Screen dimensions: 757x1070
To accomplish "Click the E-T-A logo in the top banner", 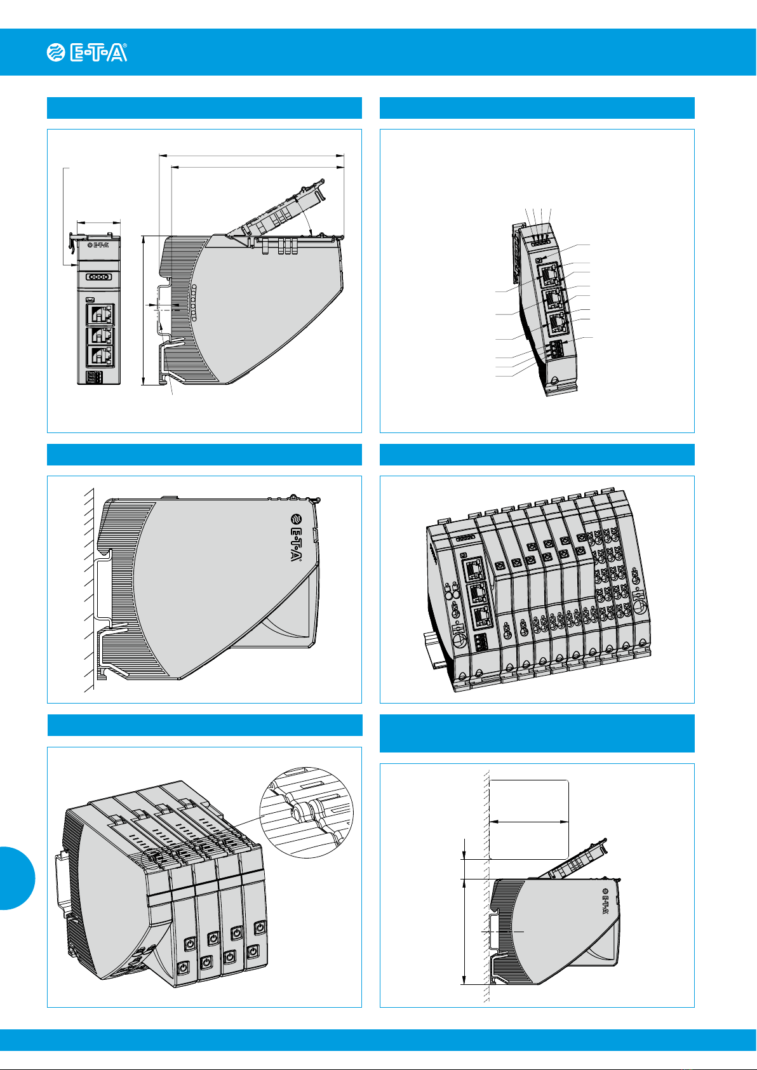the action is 87,53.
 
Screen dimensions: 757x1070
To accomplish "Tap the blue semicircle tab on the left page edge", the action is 17,878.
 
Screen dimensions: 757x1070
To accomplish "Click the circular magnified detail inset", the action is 306,813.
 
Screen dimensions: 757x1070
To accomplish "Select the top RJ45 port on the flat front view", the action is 100,315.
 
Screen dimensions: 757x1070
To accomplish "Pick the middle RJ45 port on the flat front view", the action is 100,337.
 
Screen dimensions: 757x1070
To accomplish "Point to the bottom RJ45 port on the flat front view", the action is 100,358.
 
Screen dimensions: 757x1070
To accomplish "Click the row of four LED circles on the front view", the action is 98,277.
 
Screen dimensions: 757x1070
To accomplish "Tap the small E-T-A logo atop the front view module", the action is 98,245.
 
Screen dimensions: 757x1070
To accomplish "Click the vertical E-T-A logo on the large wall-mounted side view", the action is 296,537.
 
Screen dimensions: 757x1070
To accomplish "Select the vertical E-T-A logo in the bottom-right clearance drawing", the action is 605,901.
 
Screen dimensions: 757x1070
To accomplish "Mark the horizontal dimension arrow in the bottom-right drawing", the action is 529,822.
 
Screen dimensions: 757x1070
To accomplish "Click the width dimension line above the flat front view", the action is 98,222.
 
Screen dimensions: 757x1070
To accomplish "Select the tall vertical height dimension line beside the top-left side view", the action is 144,310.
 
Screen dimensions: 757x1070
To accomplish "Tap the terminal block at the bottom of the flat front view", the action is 95,377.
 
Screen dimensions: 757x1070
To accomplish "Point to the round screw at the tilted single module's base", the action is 554,381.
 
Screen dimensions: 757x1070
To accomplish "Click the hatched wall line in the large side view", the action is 89,589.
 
